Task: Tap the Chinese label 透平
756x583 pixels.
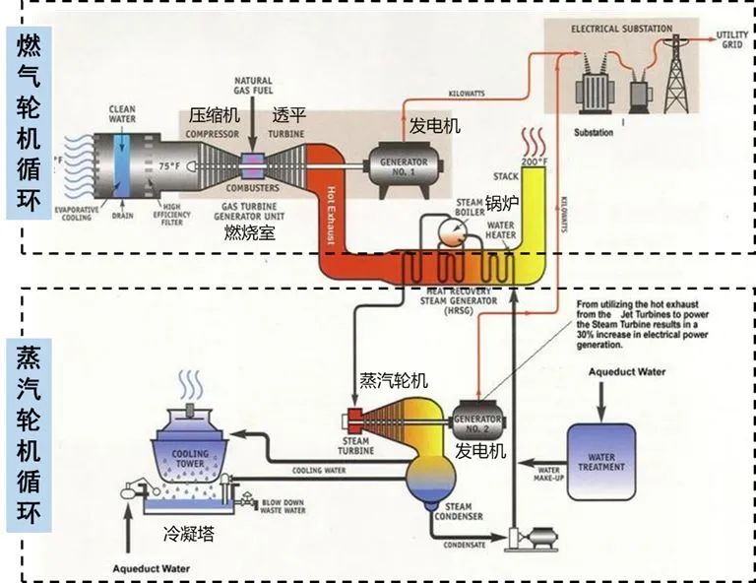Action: click(x=287, y=114)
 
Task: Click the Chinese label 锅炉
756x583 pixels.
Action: click(x=501, y=204)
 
